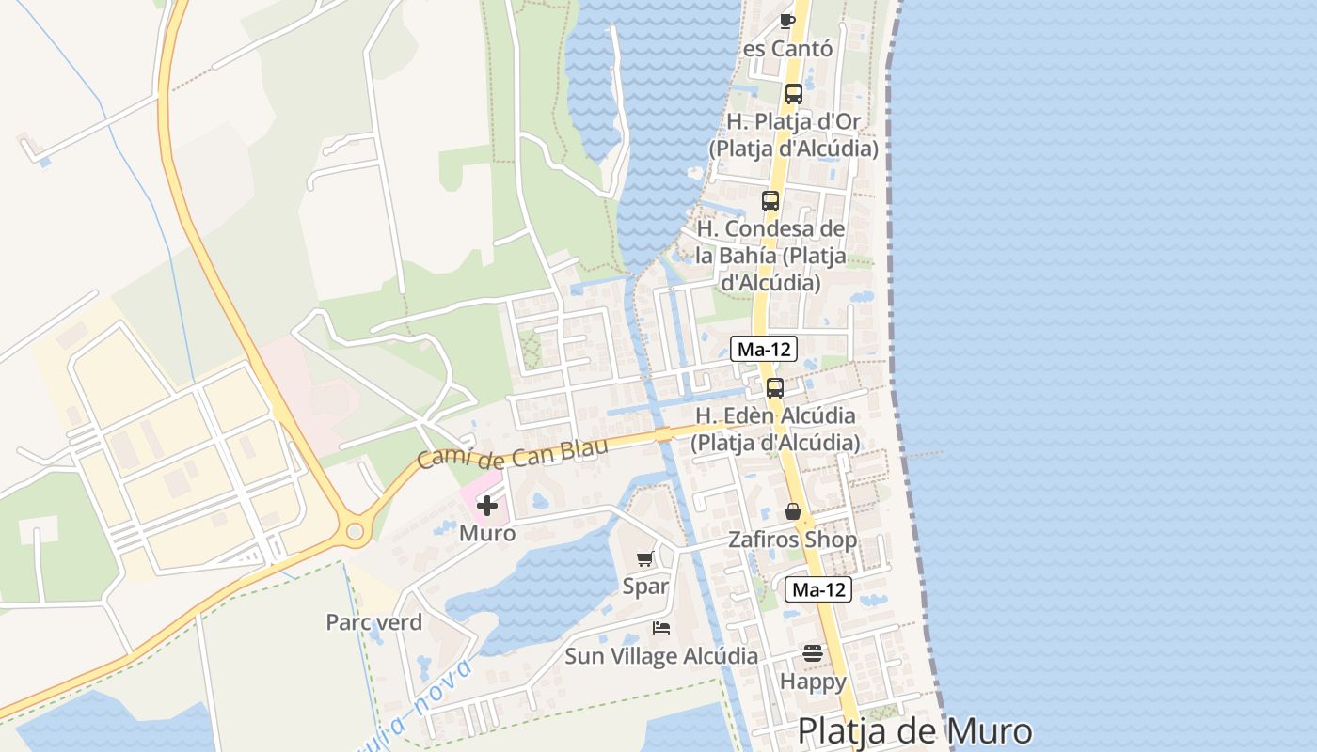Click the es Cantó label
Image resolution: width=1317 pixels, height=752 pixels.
tap(788, 49)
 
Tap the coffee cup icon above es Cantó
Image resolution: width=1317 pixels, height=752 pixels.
tap(788, 20)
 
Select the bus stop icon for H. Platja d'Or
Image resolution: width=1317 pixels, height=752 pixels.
tap(794, 94)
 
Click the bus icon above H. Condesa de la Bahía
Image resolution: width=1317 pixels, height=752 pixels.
tap(770, 200)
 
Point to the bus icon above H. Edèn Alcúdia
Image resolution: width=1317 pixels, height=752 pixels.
tap(775, 387)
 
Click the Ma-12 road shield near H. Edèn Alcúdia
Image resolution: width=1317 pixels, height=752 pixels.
tap(765, 350)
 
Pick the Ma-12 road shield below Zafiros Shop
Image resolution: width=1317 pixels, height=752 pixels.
tap(818, 589)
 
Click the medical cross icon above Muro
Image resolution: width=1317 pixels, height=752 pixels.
tap(487, 506)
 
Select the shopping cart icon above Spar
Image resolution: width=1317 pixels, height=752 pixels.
tap(645, 559)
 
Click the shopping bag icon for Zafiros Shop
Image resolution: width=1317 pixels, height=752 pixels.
tap(793, 511)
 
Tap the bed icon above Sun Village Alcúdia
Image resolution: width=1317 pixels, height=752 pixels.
tap(661, 627)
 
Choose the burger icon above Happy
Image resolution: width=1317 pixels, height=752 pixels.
tap(813, 653)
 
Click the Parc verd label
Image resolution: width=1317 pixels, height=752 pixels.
tap(373, 622)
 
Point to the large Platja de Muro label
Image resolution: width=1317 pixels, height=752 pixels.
tap(914, 731)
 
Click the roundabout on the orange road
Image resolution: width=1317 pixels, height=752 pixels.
tap(355, 532)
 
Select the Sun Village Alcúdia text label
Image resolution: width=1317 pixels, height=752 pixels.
tap(661, 656)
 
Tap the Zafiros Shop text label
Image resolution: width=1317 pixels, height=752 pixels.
tap(793, 540)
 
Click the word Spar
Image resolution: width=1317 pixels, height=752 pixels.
tap(645, 587)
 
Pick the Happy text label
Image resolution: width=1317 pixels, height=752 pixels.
tap(813, 681)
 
